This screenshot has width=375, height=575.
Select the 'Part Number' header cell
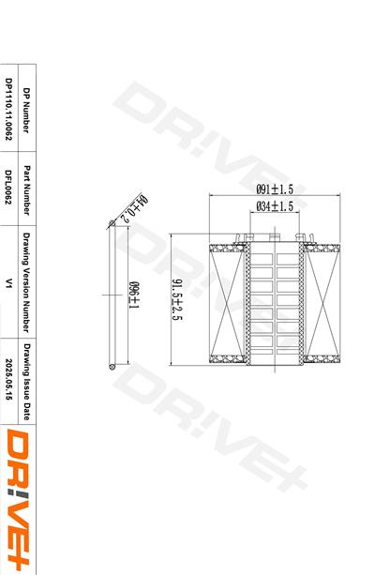27,183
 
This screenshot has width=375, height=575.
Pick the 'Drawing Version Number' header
27,282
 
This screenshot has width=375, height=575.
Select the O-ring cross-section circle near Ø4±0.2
114,226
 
